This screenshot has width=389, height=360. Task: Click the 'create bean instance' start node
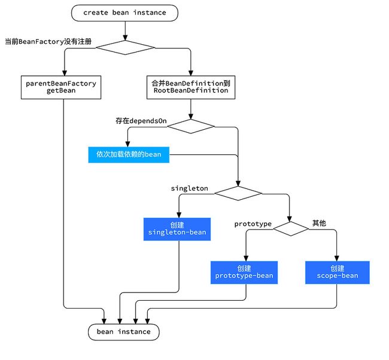point(124,13)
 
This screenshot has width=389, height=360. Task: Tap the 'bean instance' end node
point(123,332)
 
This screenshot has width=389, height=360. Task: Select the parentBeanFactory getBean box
point(61,87)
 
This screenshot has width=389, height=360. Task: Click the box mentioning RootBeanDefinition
point(191,87)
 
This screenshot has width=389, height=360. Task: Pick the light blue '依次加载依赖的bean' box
point(129,155)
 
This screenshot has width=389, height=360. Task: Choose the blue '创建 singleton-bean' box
point(177,229)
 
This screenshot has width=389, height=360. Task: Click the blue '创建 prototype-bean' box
point(244,272)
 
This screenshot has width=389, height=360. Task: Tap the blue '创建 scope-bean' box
point(338,272)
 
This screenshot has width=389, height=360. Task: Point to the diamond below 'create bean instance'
point(125,48)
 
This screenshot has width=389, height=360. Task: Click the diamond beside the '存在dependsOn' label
point(191,126)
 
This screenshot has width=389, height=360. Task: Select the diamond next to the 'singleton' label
point(238,193)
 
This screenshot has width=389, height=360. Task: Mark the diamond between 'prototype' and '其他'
point(291,228)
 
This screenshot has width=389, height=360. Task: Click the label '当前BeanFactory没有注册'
point(48,41)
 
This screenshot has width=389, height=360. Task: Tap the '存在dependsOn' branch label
point(141,121)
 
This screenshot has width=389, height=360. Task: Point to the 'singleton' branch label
point(189,188)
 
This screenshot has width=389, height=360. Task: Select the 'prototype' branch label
point(253,224)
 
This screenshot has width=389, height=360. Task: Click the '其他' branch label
point(319,223)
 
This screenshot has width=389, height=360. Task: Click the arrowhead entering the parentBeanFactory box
point(65,73)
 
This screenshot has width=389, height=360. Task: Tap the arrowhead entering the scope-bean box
point(337,258)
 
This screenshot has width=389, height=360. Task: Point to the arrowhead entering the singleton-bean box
point(179,215)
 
